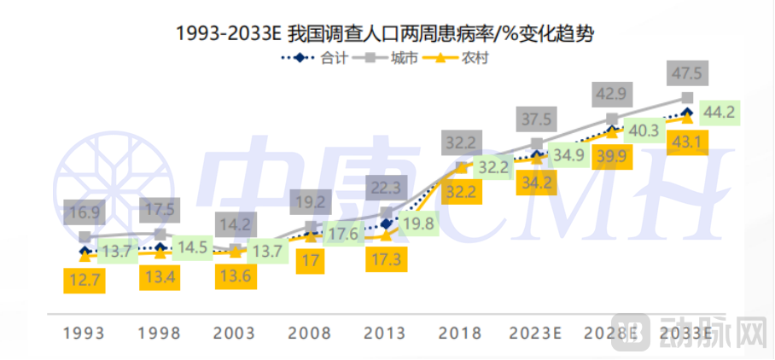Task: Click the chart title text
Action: click(385, 33)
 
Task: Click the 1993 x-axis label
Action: click(84, 333)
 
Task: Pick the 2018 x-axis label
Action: click(462, 333)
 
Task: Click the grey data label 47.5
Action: click(687, 75)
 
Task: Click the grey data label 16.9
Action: click(84, 211)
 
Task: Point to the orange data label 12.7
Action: click(84, 278)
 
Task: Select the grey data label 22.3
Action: click(387, 185)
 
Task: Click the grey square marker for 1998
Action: click(160, 233)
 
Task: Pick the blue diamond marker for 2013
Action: click(387, 224)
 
